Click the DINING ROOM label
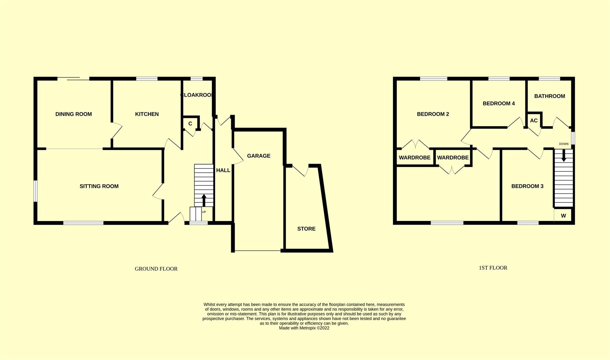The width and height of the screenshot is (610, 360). pyautogui.click(x=73, y=114)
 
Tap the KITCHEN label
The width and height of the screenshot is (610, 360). pyautogui.click(x=147, y=114)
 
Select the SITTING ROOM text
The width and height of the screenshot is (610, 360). pyautogui.click(x=99, y=186)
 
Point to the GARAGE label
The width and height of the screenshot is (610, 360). pyautogui.click(x=259, y=156)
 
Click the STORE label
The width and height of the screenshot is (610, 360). pyautogui.click(x=306, y=229)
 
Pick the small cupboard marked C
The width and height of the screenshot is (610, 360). pyautogui.click(x=190, y=124)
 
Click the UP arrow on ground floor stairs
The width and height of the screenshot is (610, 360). pyautogui.click(x=204, y=200)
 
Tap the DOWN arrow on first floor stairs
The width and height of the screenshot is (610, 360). pyautogui.click(x=564, y=155)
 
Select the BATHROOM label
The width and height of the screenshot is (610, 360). pyautogui.click(x=549, y=96)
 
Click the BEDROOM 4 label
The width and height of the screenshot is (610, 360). pyautogui.click(x=499, y=103)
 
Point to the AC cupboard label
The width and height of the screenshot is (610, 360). pyautogui.click(x=534, y=121)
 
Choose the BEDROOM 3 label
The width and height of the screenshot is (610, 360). pyautogui.click(x=527, y=186)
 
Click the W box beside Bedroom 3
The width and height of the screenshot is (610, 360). pyautogui.click(x=563, y=216)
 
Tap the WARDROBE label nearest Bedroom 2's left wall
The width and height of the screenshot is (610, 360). pyautogui.click(x=415, y=158)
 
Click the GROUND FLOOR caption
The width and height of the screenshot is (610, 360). pyautogui.click(x=156, y=269)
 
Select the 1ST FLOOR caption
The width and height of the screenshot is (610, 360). pyautogui.click(x=493, y=268)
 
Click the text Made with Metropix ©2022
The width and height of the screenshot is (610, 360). pyautogui.click(x=304, y=328)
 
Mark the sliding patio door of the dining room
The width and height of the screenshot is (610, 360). pyautogui.click(x=73, y=79)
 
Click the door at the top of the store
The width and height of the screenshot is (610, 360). pyautogui.click(x=301, y=169)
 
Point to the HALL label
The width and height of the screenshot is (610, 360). pyautogui.click(x=223, y=170)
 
